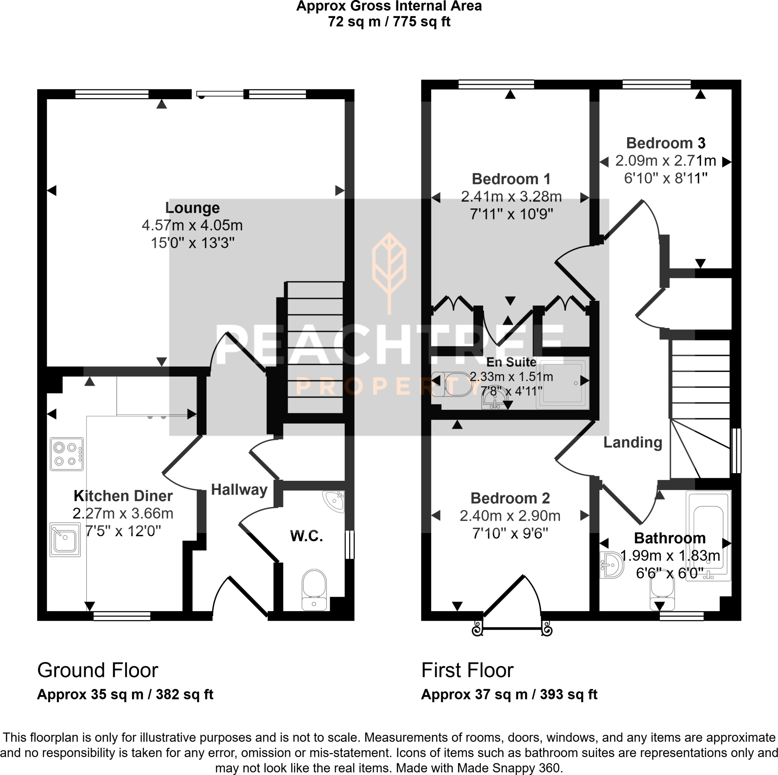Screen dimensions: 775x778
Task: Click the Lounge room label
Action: [x=193, y=208]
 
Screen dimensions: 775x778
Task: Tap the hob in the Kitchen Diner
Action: [x=66, y=454]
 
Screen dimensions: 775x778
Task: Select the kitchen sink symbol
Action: [x=65, y=540]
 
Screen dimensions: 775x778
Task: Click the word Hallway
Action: [x=239, y=490]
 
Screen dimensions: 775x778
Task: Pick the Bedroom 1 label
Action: [x=511, y=179]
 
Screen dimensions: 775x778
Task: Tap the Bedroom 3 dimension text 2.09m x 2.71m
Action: [x=666, y=161]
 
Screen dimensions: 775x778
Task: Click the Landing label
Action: [x=633, y=442]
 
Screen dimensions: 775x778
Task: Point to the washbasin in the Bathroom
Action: [x=612, y=565]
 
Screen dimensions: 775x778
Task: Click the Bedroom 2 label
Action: [x=510, y=498]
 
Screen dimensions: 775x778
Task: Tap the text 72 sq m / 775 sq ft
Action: [x=389, y=22]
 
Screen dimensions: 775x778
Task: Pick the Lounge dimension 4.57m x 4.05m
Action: [x=192, y=225]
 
